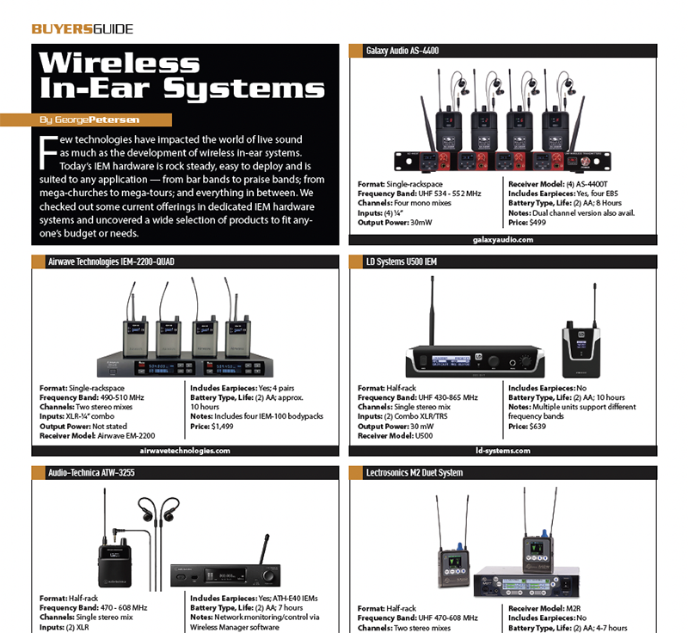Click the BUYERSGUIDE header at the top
(x=83, y=28)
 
